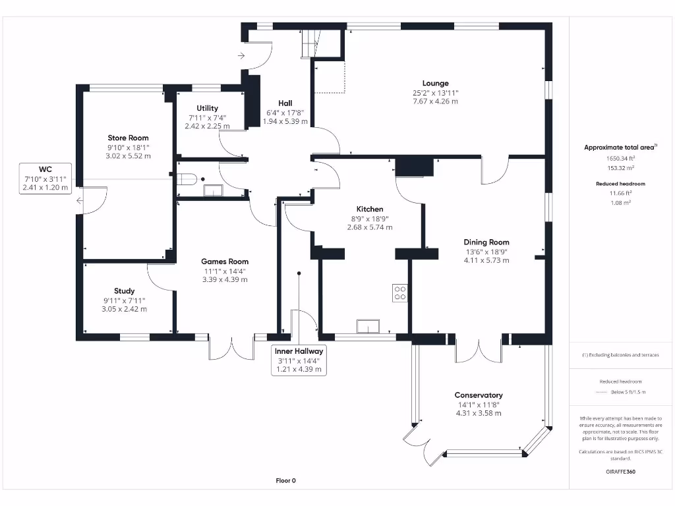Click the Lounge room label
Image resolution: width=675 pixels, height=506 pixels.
click(435, 83)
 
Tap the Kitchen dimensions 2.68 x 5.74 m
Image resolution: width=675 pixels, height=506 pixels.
click(369, 227)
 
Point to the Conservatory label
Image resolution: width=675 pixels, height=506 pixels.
click(478, 395)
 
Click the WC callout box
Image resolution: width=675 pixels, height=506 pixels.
click(45, 179)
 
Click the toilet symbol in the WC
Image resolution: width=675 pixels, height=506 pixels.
click(187, 179)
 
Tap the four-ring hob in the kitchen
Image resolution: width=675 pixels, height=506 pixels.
click(399, 293)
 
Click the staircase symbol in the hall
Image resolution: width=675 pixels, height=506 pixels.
click(310, 43)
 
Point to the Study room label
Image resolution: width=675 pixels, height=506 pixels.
click(124, 291)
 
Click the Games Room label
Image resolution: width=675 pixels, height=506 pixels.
click(225, 262)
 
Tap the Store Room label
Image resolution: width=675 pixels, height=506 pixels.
click(129, 138)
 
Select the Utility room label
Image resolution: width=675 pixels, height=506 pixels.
click(207, 108)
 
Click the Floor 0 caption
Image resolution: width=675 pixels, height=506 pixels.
click(285, 480)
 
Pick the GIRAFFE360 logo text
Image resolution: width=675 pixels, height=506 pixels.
click(620, 472)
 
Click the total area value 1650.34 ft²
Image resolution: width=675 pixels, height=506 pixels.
click(620, 158)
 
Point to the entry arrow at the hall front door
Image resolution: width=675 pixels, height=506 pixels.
click(242, 56)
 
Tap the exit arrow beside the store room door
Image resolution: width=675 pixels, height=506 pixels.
click(80, 201)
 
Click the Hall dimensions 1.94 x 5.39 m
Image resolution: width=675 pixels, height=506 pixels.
click(285, 121)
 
